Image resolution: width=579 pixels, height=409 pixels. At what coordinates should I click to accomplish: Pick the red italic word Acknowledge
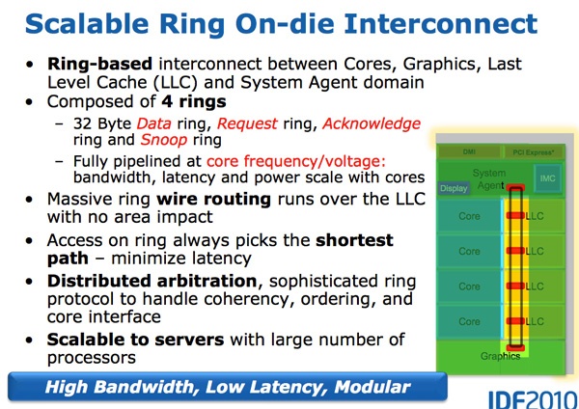(x=372, y=124)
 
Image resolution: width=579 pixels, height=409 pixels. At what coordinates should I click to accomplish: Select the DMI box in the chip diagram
(x=467, y=152)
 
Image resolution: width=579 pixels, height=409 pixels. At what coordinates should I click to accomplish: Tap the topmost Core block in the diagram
(x=468, y=217)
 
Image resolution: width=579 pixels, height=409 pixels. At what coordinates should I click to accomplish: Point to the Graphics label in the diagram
(x=501, y=356)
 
